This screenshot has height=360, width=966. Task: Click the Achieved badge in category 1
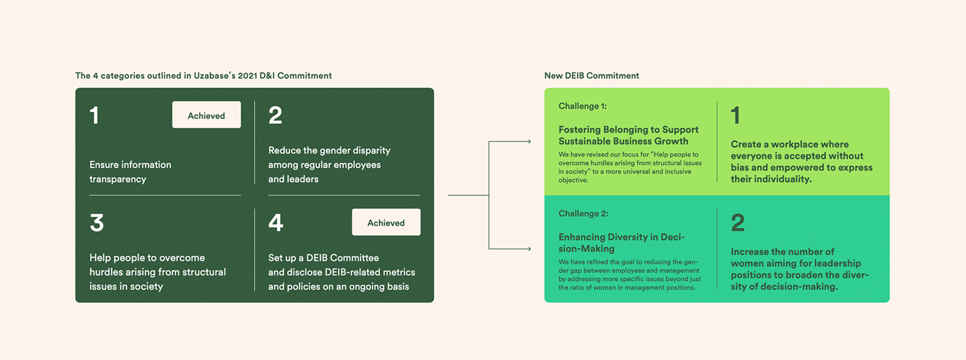(206, 115)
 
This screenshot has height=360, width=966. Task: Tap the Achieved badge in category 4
(386, 222)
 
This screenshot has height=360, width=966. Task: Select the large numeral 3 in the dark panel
(97, 223)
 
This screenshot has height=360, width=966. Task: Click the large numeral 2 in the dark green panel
(276, 115)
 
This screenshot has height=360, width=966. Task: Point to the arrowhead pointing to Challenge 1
(529, 142)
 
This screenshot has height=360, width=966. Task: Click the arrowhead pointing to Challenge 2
(529, 248)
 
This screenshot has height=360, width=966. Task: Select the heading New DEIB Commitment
(591, 76)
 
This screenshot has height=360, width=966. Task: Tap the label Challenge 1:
(582, 106)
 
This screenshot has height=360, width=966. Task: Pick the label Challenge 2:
(583, 213)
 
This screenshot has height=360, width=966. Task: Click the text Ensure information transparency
(130, 172)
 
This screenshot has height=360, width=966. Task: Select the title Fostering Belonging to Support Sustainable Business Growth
(628, 135)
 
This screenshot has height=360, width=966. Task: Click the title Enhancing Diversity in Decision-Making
(621, 243)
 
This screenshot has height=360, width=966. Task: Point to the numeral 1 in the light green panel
(735, 115)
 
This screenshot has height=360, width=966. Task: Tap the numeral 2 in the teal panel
(737, 223)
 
